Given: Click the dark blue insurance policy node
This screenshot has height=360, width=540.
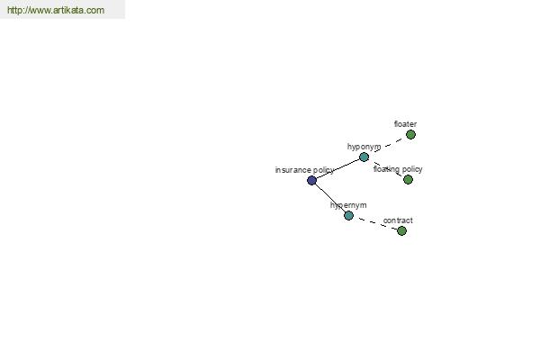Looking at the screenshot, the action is tap(311, 180).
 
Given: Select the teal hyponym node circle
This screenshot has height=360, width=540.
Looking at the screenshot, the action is tap(364, 157).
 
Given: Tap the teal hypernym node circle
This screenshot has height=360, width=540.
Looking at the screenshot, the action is tap(348, 216).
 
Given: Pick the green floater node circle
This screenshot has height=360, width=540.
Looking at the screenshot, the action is tap(410, 135).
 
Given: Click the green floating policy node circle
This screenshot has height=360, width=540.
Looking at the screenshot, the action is tap(408, 179).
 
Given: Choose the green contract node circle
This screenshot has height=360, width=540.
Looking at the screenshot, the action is tap(401, 230).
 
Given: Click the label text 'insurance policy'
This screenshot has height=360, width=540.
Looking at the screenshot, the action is tap(304, 170).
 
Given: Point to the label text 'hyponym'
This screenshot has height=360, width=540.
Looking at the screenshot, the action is tap(364, 147).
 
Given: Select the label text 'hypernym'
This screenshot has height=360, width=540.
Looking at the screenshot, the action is tap(348, 206).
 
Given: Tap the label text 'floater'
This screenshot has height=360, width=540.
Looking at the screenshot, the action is tap(405, 124).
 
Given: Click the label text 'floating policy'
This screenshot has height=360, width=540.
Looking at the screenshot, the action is tap(398, 169).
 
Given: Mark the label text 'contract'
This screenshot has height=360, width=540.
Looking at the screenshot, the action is tap(398, 220).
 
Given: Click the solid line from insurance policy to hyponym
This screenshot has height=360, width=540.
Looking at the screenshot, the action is tap(337, 169).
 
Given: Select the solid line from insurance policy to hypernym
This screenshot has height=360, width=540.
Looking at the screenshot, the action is tap(330, 198).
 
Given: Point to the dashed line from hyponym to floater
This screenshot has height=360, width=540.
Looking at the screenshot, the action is tap(387, 146).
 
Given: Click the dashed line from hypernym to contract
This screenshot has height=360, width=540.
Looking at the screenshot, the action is tap(375, 223).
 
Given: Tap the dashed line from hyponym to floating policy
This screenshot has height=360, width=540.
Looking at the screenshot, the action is tap(386, 168).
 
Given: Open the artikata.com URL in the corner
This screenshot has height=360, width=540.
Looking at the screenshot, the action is tap(56, 10).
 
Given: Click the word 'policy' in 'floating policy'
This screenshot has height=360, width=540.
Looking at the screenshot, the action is tap(412, 169).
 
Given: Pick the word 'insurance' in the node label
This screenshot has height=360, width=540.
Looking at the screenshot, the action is tap(293, 170).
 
